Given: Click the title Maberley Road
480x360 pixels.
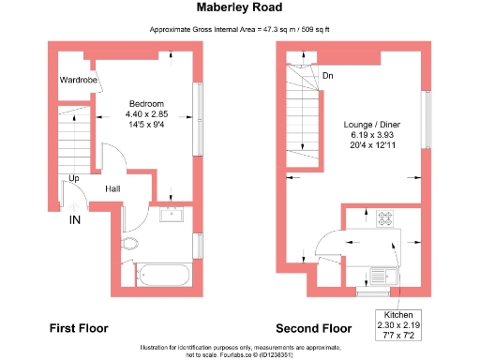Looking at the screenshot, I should point(240,7).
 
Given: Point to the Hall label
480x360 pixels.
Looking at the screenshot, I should point(112,189).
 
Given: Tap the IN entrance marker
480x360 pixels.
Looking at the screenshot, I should point(75,220).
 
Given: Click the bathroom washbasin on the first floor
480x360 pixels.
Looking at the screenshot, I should point(172,216).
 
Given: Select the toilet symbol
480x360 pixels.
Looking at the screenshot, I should point(130,246).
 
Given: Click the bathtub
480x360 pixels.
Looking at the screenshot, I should point(164,276).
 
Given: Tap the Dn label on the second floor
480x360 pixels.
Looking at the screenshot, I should point(327,76).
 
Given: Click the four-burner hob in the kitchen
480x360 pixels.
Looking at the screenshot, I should point(385,219).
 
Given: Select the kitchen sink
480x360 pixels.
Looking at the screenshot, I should point(385,277).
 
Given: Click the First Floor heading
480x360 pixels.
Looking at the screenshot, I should point(78,328).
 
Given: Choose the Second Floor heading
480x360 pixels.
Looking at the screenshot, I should point(312,328).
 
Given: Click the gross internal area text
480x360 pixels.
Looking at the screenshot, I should point(240,30).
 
